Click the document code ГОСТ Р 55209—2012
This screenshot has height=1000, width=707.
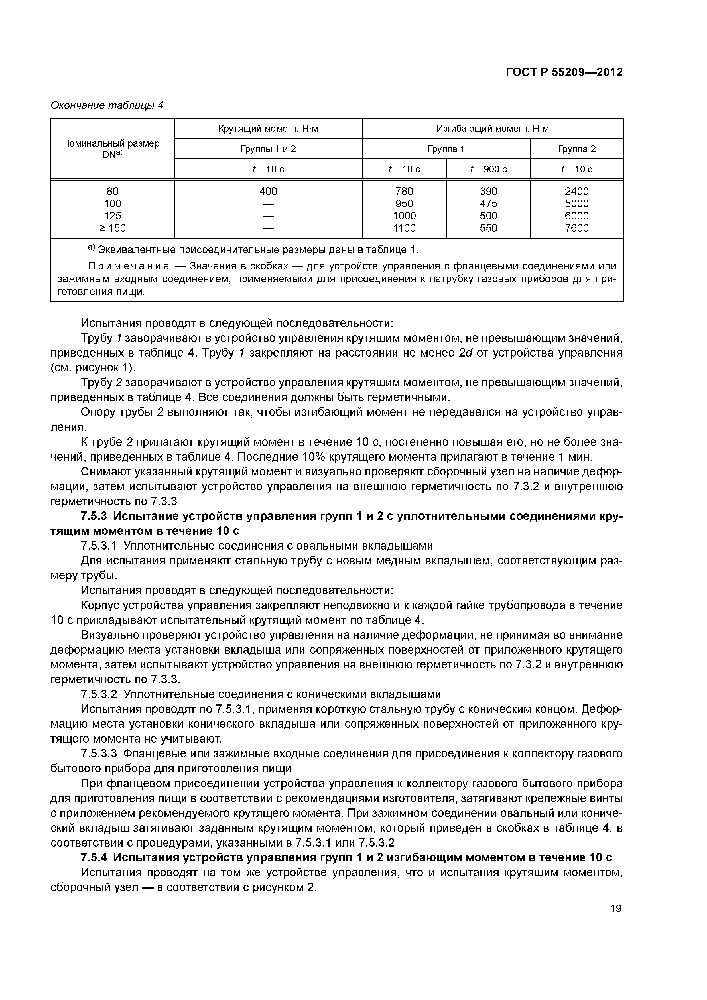pyautogui.click(x=564, y=72)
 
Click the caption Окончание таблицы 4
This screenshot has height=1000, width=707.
pyautogui.click(x=107, y=105)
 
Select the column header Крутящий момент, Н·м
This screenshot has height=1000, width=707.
pyautogui.click(x=268, y=129)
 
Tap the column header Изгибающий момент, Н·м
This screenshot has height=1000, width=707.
pyautogui.click(x=492, y=129)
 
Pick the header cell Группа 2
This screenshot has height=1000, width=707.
pyautogui.click(x=576, y=149)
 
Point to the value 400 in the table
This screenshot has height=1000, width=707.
pyautogui.click(x=268, y=191)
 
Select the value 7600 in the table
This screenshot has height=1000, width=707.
pyautogui.click(x=576, y=228)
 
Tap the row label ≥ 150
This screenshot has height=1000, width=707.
pyautogui.click(x=112, y=228)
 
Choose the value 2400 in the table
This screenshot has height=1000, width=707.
pyautogui.click(x=576, y=191)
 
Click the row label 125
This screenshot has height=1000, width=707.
pyautogui.click(x=112, y=216)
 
